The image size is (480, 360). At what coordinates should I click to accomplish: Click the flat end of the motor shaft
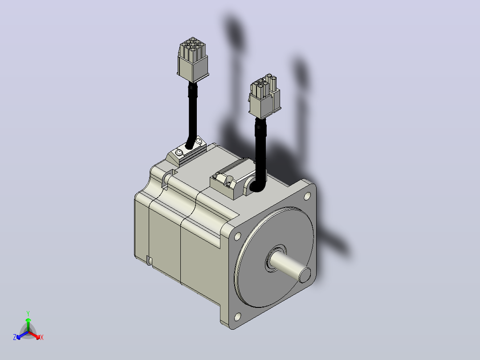click(305, 275)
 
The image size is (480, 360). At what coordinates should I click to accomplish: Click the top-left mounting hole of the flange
click(237, 237)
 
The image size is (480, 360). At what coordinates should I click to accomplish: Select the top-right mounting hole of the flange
click(307, 196)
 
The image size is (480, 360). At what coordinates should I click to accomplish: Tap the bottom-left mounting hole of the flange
click(238, 317)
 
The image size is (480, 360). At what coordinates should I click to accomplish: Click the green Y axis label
click(28, 313)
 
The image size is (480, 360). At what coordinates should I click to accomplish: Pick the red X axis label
click(42, 337)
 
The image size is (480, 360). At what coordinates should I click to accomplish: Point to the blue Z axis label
click(15, 337)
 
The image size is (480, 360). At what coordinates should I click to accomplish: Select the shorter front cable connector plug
click(264, 96)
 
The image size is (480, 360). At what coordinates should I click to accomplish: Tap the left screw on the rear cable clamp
click(179, 152)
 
